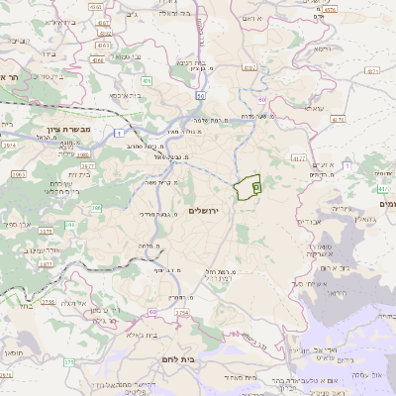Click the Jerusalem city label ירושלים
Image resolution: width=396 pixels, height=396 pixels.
pyautogui.click(x=208, y=212)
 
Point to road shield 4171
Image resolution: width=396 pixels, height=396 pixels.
pyautogui.click(x=373, y=72)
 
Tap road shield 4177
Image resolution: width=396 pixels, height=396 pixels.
pyautogui.click(x=299, y=157)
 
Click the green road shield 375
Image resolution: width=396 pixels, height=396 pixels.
pyautogui.click(x=69, y=363)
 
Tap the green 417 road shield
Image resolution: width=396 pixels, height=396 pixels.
pyautogui.click(x=382, y=187)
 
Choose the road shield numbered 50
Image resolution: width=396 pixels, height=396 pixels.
pyautogui.click(x=200, y=95)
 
